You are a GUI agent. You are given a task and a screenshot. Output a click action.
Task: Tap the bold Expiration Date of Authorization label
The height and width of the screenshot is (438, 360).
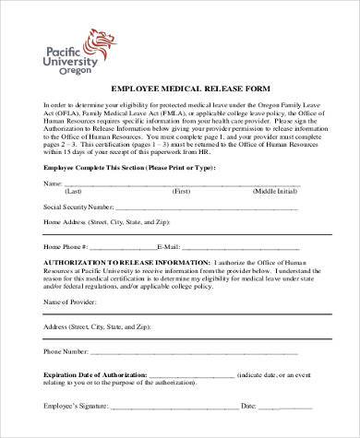[91, 374]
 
